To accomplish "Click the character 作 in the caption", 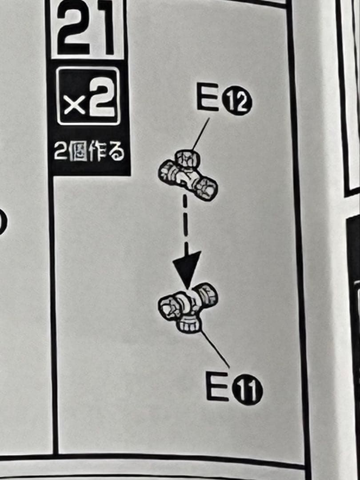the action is point(96,152).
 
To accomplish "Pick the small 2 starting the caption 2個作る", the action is point(60,152).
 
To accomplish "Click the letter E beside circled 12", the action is point(207,96).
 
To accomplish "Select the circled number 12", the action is point(236,100).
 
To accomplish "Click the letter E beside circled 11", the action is point(217,386).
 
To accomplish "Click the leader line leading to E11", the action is point(215,349).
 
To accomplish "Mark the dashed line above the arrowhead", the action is point(185,220).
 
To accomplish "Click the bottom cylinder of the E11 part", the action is point(188,325).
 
